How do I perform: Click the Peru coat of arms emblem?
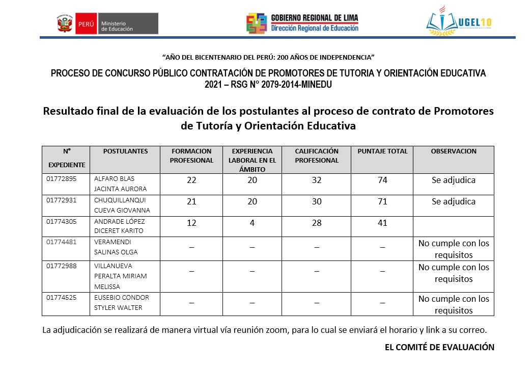65,24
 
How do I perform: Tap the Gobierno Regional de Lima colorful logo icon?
256,23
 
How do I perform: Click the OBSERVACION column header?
453,151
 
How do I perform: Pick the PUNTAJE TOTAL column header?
382,151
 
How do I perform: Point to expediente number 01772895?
62,179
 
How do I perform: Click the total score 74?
382,180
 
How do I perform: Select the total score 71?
382,201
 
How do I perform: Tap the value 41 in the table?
382,223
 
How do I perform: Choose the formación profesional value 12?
191,223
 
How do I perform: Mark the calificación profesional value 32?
317,180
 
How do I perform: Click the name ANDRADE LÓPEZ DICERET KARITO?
119,226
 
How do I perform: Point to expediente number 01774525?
62,297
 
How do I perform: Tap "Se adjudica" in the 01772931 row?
453,201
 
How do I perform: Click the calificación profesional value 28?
317,223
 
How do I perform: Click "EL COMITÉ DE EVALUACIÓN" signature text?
439,347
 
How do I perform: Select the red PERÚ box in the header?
86,24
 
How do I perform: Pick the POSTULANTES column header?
125,151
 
